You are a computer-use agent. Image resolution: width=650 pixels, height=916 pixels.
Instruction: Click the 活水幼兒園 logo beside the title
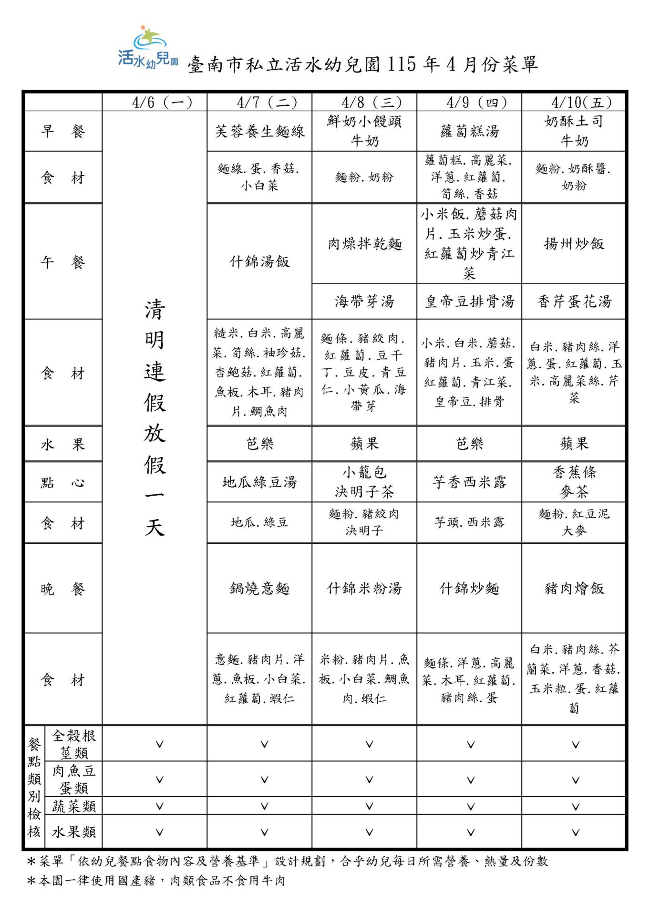coord(147,48)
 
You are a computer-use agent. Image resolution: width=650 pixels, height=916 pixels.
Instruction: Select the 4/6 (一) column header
coord(155,102)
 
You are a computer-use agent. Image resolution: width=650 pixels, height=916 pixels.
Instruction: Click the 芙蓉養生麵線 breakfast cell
coord(259,131)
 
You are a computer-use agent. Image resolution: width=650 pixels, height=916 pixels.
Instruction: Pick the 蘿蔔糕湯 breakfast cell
coord(469,131)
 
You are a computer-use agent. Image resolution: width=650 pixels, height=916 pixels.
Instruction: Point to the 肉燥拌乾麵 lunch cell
coord(364,244)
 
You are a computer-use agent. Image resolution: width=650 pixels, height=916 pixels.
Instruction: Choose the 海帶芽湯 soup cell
coord(364,302)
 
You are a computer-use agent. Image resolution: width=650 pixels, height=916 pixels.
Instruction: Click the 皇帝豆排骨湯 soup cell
coord(469,302)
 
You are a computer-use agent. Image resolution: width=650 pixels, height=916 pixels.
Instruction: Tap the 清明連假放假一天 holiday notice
coord(155,417)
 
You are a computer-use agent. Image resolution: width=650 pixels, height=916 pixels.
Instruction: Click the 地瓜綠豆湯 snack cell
coord(259,482)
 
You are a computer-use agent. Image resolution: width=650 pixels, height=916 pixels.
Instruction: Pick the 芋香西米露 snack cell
coord(469,482)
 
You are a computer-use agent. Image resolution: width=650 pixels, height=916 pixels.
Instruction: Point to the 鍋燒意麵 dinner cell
coord(259,588)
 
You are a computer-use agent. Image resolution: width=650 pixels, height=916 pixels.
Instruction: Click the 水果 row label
coord(62,444)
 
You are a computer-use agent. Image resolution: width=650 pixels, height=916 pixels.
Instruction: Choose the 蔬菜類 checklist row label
coord(74,806)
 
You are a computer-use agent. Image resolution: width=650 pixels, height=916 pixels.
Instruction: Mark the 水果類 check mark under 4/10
coord(575,832)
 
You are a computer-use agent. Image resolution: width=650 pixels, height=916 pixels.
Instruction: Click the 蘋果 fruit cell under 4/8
coord(364,444)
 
